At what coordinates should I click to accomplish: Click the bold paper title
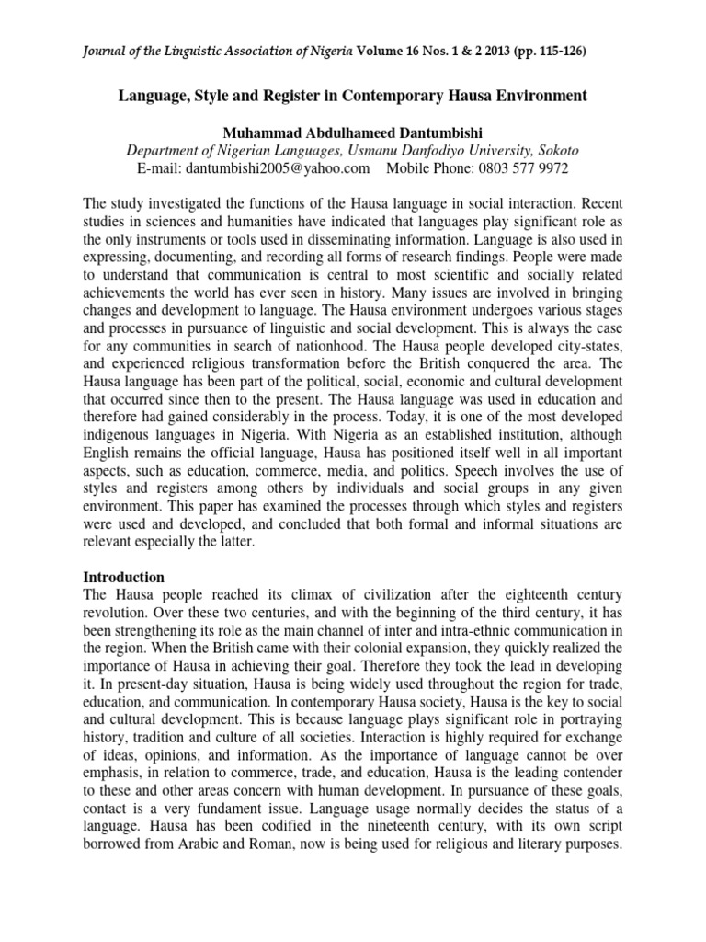pyautogui.click(x=353, y=96)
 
